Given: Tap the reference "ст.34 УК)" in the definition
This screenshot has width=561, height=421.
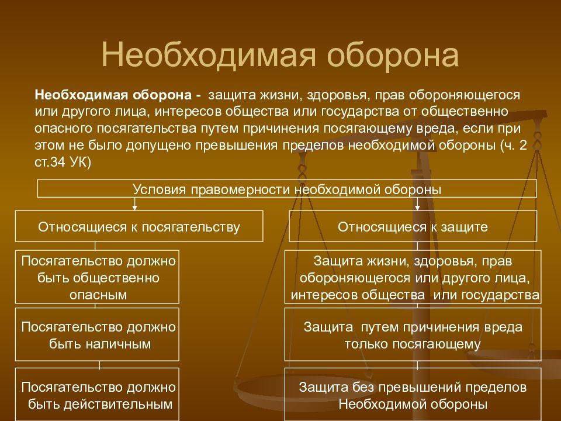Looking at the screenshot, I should [x=63, y=163].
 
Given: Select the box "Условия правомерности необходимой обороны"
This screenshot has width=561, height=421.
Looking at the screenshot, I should [x=287, y=189].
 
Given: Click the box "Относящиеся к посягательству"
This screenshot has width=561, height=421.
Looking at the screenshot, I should [x=139, y=226].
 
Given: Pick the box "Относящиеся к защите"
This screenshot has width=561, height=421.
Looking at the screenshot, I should [x=413, y=226].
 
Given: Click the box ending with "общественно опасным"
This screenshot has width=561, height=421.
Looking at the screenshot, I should [x=98, y=277].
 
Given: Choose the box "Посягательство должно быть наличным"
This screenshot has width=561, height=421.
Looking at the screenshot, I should [x=98, y=335].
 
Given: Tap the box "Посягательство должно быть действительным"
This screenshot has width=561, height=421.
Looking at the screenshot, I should [x=98, y=395].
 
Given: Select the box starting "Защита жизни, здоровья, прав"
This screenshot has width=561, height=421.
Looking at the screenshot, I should [x=413, y=277].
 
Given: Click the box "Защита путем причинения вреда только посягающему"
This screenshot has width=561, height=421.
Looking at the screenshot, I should [x=413, y=335].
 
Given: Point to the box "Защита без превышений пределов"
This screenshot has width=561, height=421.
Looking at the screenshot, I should [x=413, y=395].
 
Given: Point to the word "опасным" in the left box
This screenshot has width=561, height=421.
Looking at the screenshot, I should [x=98, y=295].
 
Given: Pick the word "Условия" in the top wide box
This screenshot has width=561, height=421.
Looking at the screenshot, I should [x=154, y=189].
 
